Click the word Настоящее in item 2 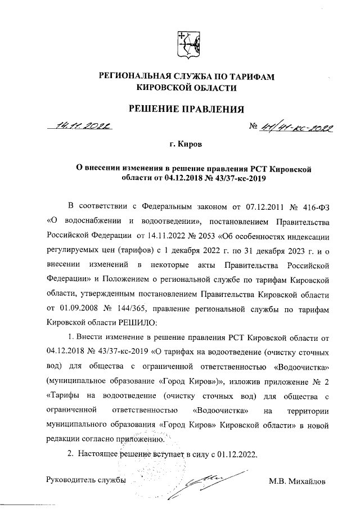[97, 453]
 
